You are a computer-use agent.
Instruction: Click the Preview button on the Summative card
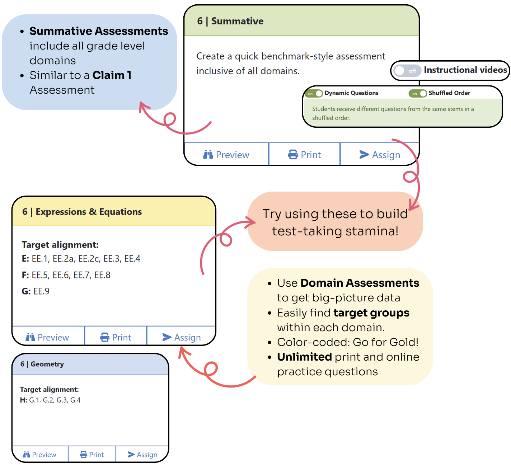(226, 154)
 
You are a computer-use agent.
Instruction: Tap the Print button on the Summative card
(304, 154)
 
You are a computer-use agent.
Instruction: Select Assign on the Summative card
(380, 154)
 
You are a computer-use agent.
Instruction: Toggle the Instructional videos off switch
(406, 71)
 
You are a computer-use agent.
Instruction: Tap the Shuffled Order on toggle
(417, 93)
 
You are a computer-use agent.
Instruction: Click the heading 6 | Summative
(230, 21)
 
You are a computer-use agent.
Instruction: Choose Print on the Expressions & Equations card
(116, 337)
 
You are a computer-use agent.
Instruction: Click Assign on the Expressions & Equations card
(181, 337)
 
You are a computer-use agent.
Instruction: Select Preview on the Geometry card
(39, 454)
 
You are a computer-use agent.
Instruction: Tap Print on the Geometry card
(92, 454)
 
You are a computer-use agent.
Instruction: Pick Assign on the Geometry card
(142, 454)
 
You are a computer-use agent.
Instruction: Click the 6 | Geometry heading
(42, 364)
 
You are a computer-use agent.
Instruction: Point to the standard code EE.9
(42, 291)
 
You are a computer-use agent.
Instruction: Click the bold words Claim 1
(112, 75)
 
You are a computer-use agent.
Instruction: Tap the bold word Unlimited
(304, 357)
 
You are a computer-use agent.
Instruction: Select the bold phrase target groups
(371, 313)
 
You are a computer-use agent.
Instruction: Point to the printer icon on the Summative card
(293, 154)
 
